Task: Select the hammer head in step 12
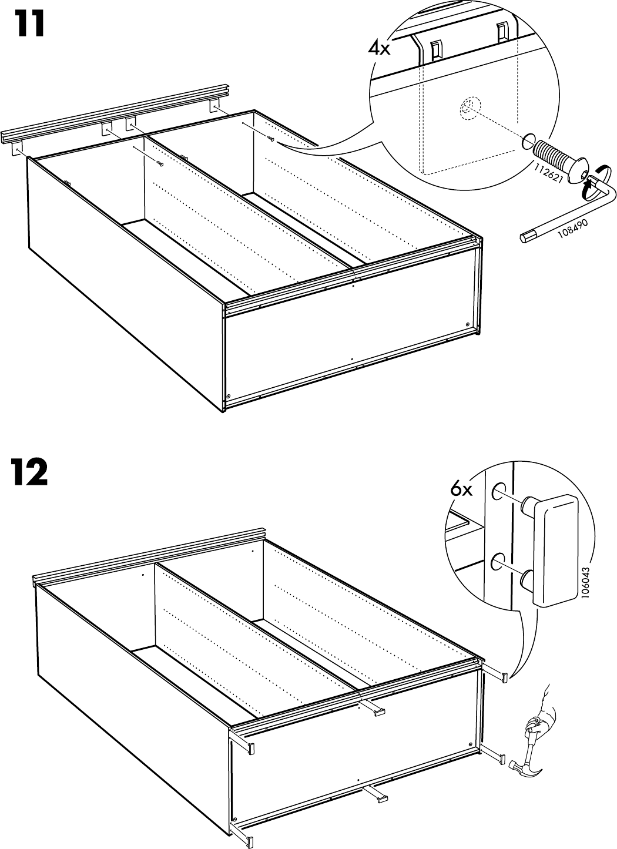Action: click(519, 766)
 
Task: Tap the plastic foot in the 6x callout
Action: click(556, 549)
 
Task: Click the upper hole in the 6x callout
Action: click(498, 489)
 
